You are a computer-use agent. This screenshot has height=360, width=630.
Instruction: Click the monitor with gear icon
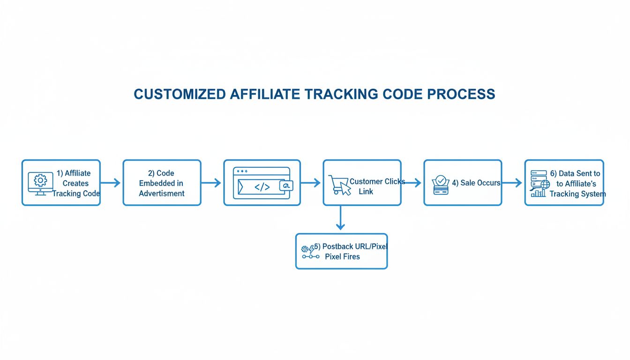pos(40,183)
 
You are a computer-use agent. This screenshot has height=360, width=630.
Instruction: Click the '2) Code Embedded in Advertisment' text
pos(162,183)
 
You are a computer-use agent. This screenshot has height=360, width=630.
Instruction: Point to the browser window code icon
pos(262,186)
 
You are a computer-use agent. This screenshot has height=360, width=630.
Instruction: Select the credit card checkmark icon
pos(441,185)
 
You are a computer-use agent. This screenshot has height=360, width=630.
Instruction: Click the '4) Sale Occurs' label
pos(476,183)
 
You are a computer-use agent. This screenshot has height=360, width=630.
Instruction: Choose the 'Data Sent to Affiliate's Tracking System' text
pos(577,183)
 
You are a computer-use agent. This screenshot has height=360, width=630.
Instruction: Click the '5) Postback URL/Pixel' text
pos(351,247)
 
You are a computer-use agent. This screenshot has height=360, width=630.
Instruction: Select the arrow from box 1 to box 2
pos(111,183)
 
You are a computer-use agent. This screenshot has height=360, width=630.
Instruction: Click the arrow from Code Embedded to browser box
pos(211,183)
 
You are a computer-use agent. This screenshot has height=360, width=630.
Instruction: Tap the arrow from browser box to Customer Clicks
pos(311,183)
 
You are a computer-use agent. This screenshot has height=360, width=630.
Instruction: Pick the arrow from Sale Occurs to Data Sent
pos(512,183)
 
